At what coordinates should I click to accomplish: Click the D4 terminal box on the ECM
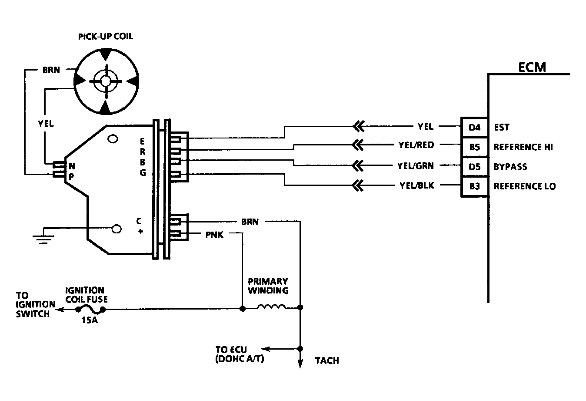[474, 128]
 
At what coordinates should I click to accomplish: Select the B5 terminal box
[474, 147]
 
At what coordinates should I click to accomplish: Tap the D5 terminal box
[474, 167]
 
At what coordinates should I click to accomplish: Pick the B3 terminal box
[474, 186]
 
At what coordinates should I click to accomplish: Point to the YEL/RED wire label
[416, 145]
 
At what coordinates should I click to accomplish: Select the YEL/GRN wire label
[415, 165]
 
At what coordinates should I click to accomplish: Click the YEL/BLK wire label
[416, 185]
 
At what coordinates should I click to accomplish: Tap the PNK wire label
[214, 235]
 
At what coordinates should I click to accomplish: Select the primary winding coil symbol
[272, 307]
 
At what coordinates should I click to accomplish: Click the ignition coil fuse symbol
[90, 310]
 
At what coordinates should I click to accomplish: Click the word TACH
[326, 361]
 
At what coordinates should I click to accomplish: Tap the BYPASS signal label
[510, 167]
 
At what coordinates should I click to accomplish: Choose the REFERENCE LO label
[524, 186]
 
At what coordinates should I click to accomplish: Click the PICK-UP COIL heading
[105, 37]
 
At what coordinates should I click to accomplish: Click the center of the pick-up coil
[106, 81]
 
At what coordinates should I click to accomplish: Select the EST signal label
[501, 128]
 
